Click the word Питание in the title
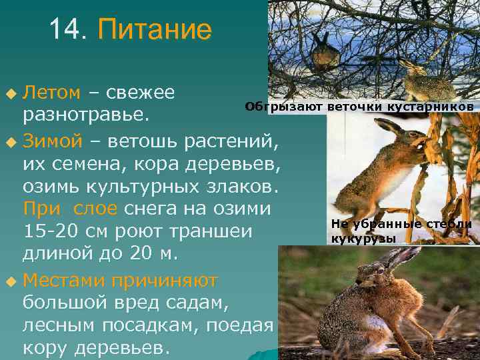point(155,30)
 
